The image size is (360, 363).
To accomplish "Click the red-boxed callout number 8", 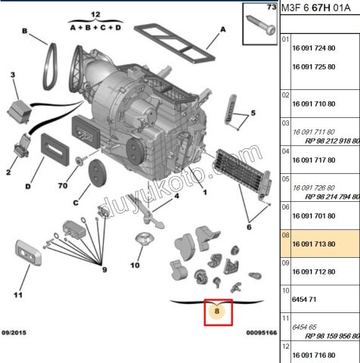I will click(217, 311).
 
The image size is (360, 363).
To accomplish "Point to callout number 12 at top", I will click(95, 14).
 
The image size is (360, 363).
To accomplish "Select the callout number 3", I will click(13, 75).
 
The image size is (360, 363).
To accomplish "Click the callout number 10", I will click(135, 265).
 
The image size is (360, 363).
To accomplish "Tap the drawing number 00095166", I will click(259, 332).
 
